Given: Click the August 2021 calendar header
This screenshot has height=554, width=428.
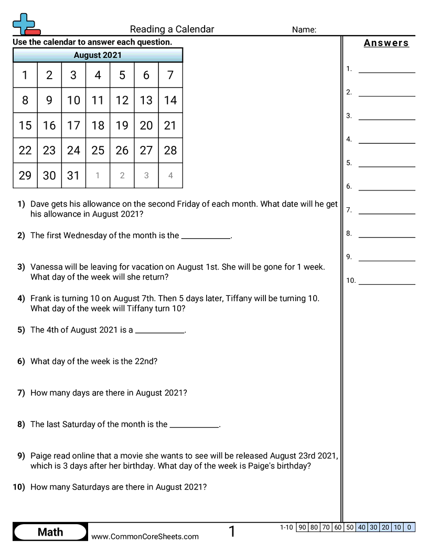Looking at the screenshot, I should (98, 55).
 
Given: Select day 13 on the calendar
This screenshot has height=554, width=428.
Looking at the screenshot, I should (146, 100).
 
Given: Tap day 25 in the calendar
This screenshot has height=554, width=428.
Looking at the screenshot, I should (98, 151).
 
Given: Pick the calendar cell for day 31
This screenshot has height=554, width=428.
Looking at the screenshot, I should (73, 176).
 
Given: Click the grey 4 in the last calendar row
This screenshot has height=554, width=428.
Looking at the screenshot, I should (170, 176).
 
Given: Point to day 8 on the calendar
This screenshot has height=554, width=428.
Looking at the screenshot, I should (25, 100).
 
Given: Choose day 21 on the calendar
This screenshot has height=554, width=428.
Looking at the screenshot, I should (170, 125).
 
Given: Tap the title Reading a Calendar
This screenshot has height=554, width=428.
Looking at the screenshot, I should (172, 29).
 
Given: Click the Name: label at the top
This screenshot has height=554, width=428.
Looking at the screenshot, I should (304, 30).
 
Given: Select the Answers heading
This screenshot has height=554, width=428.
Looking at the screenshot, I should (386, 43).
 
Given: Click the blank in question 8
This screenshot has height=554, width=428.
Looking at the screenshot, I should (195, 425).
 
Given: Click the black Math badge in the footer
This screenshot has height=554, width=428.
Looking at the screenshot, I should (50, 532).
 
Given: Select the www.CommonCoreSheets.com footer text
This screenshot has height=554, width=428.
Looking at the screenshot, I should (145, 536).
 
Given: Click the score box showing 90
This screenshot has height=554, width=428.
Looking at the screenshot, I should (302, 527).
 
